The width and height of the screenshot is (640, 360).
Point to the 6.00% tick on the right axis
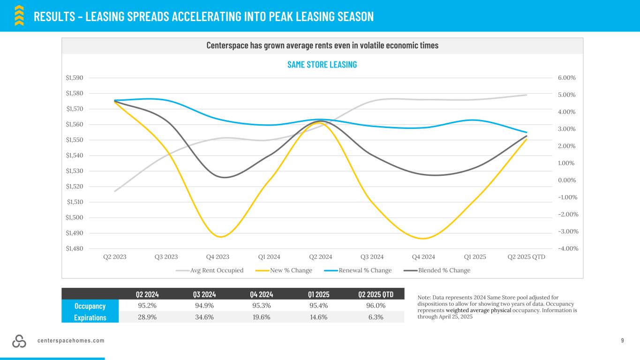point(566,78)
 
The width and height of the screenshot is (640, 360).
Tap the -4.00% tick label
point(568,248)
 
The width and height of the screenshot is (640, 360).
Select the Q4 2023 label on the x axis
point(218,257)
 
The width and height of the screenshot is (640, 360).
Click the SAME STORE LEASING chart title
point(322,65)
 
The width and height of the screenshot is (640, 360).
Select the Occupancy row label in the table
point(90,306)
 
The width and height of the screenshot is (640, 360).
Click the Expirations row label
point(90,317)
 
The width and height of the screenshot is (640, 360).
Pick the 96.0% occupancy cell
point(375,306)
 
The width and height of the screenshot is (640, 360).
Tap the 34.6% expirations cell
point(204,317)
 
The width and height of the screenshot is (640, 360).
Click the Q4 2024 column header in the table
point(261,294)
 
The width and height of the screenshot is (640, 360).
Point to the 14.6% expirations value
point(318,317)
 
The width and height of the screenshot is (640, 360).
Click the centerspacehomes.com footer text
point(71,340)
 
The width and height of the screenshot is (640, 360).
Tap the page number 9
point(623,340)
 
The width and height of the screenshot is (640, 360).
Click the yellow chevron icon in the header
point(19,15)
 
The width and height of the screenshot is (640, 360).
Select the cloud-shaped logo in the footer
point(19,341)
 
